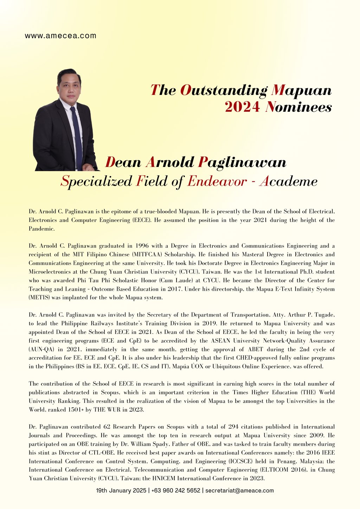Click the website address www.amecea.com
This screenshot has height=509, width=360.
click(60, 36)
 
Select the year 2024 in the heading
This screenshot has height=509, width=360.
click(242, 107)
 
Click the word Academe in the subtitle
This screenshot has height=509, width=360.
click(288, 182)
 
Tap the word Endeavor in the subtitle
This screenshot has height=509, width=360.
click(217, 182)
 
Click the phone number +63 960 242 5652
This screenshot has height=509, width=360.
click(176, 490)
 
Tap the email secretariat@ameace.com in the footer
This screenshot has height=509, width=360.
click(239, 490)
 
